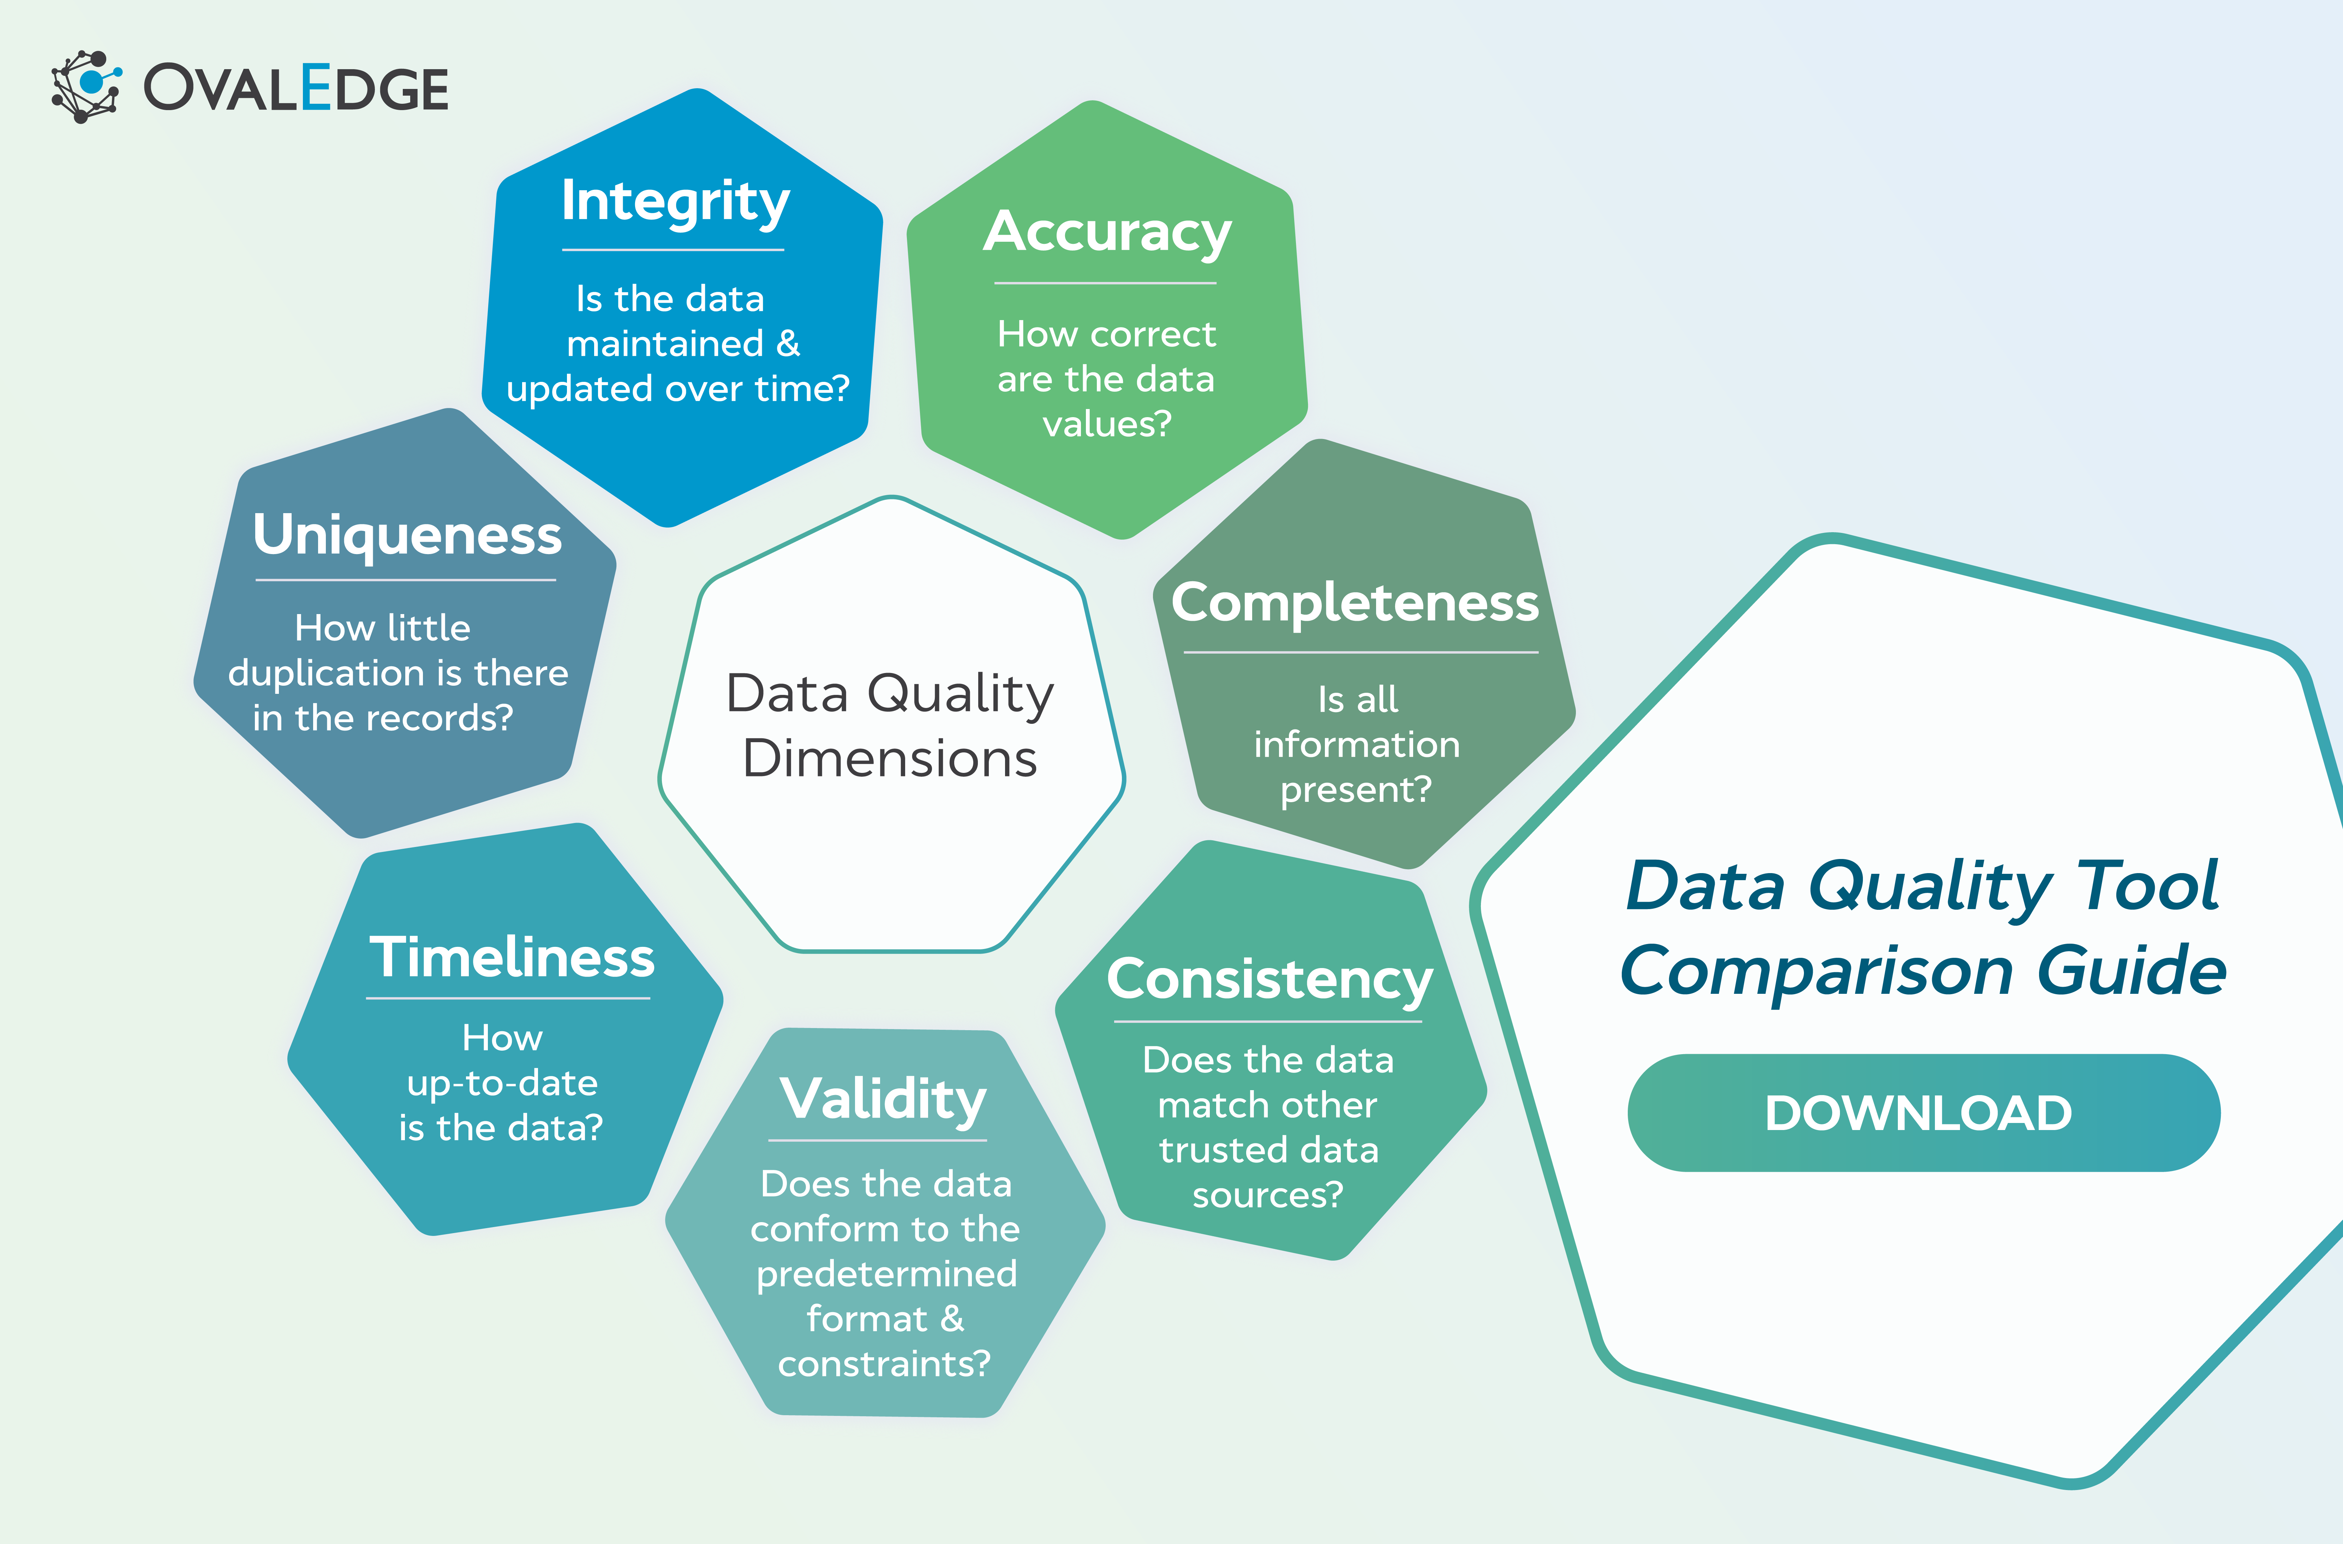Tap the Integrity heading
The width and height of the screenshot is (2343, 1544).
click(x=675, y=202)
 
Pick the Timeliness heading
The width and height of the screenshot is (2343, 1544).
click(x=511, y=957)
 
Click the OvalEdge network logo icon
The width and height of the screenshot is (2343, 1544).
click(x=87, y=87)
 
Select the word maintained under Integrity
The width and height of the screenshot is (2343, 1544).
click(x=666, y=344)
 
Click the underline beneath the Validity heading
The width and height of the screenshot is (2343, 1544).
click(x=878, y=1140)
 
